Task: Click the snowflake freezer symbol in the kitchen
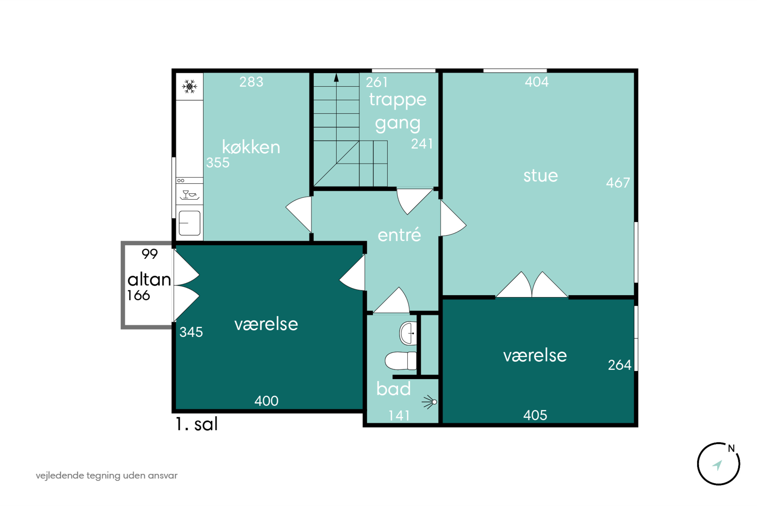[x=189, y=87]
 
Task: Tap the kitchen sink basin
[x=189, y=223]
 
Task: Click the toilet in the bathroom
[x=401, y=361]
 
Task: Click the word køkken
[x=251, y=147]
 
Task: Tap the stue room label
[x=540, y=176]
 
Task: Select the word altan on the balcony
[x=149, y=280]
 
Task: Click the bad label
[x=393, y=389]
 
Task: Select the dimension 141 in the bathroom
[x=399, y=416]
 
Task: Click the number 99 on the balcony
[x=150, y=254]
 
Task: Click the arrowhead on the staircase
[x=336, y=77]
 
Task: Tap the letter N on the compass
[x=731, y=448]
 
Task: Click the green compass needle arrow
[x=717, y=465]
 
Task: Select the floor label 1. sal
[x=197, y=424]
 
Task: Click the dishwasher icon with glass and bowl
[x=189, y=195]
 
